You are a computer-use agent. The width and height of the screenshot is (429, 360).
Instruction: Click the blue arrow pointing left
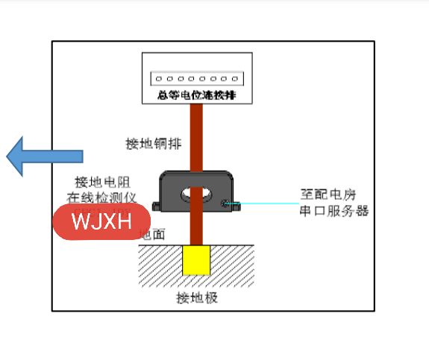pos(45,157)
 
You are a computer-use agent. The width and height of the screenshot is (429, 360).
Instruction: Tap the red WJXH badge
pos(101,222)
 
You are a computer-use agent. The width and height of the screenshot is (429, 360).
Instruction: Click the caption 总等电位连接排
pos(197,95)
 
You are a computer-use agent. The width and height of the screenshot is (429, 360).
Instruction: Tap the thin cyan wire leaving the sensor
pos(269,203)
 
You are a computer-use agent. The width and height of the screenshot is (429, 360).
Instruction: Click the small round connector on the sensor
pos(228,201)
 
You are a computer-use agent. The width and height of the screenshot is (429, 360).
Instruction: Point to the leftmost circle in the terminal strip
pos(158,78)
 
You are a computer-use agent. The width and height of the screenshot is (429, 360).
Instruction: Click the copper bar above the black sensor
pos(196,138)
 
